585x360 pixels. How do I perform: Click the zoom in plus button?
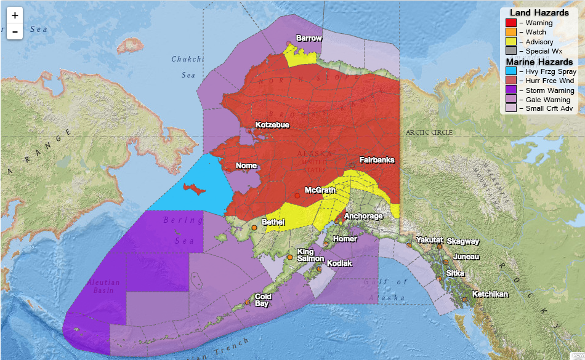click(15, 15)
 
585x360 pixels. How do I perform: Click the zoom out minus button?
click(15, 31)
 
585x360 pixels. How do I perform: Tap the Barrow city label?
click(309, 38)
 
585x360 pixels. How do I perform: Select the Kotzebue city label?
click(273, 125)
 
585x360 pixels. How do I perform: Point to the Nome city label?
click(246, 166)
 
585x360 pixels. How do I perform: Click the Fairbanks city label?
click(377, 160)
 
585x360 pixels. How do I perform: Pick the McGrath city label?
click(320, 190)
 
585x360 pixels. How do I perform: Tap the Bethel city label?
click(273, 222)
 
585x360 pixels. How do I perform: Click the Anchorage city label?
click(363, 216)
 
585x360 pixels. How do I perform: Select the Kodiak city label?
click(339, 263)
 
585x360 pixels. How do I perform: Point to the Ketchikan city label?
click(490, 294)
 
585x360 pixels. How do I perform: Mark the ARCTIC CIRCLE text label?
click(429, 132)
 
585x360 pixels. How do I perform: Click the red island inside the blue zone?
click(196, 187)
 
